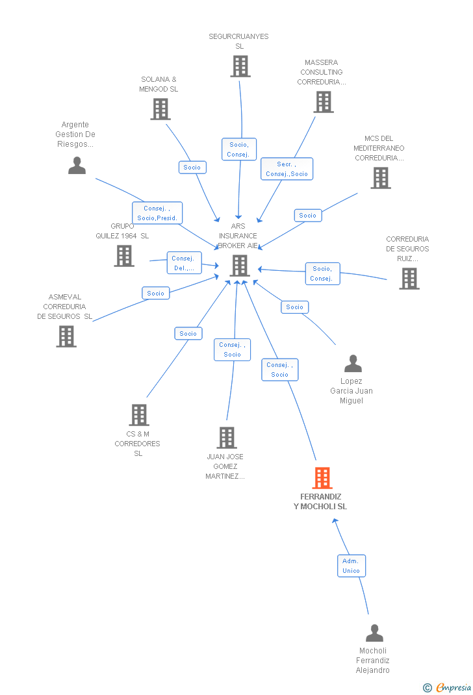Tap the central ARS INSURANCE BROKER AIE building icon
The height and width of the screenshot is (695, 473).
240,265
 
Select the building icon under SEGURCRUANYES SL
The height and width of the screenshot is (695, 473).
240,66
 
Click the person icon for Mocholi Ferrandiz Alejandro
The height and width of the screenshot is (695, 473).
374,633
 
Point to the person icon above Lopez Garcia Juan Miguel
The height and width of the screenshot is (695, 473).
353,363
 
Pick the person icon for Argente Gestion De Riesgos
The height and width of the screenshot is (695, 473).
77,166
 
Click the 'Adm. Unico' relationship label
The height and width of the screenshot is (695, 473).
351,566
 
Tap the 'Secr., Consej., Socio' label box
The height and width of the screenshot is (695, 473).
287,169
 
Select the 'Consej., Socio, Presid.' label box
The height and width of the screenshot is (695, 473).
157,213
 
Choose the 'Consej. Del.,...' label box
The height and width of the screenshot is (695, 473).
184,263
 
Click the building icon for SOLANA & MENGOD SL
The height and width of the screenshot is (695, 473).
160,109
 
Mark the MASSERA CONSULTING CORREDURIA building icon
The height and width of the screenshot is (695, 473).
323,102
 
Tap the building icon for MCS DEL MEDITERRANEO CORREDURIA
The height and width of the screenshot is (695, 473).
381,178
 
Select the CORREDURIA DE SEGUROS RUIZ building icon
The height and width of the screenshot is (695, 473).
409,278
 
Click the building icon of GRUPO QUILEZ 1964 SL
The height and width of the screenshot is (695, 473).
124,256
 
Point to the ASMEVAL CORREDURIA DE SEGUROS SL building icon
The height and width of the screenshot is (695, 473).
66,336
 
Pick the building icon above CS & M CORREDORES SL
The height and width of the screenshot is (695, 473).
138,414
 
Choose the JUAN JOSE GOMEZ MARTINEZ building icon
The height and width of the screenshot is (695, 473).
226,438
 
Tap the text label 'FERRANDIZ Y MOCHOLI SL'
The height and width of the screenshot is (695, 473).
320,501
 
